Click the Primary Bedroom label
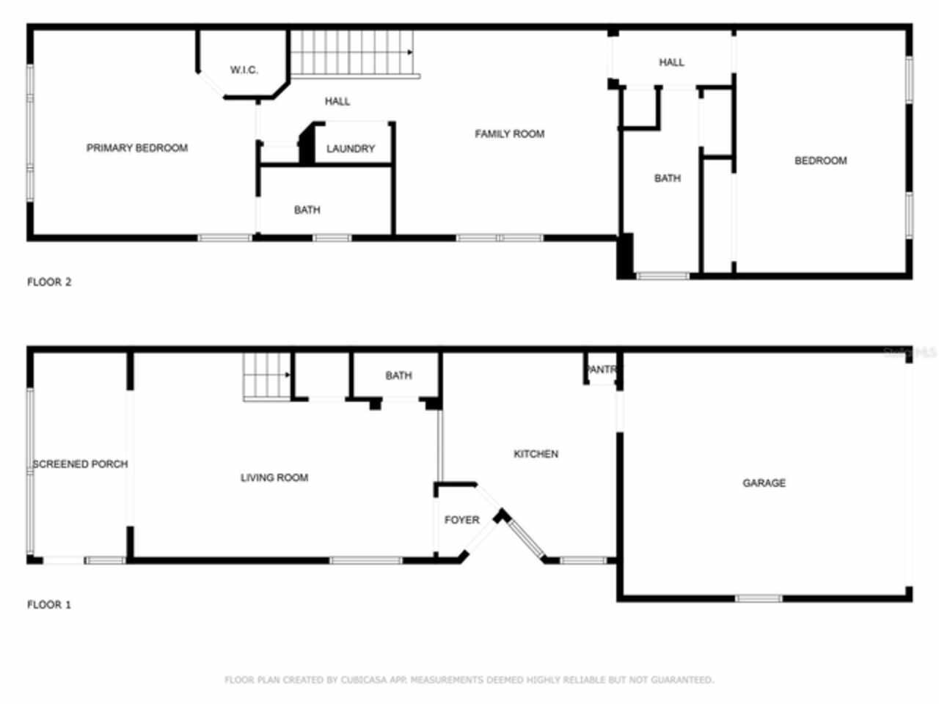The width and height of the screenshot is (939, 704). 137,148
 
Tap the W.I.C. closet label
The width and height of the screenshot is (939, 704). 244,70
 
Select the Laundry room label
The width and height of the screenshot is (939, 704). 350,149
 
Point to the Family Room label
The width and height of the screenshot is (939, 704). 509,133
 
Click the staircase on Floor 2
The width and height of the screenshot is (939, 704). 351,53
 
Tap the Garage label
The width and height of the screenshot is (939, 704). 764,483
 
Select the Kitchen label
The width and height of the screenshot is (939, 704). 536,455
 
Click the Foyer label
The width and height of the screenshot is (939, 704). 461,520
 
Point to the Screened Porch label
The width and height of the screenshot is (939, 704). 80,464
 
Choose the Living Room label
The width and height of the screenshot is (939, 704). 274,478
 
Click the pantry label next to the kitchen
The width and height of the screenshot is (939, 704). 602,370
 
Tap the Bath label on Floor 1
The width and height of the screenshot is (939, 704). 398,375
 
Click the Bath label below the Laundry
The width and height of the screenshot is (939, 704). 307,210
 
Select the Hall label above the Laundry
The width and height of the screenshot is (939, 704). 337,101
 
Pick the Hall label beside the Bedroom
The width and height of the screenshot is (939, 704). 671,62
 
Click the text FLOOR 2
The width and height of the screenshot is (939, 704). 49,282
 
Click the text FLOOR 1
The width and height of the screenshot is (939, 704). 49,605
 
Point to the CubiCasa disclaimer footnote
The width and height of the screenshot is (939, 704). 469,680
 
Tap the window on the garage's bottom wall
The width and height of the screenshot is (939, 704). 759,598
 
